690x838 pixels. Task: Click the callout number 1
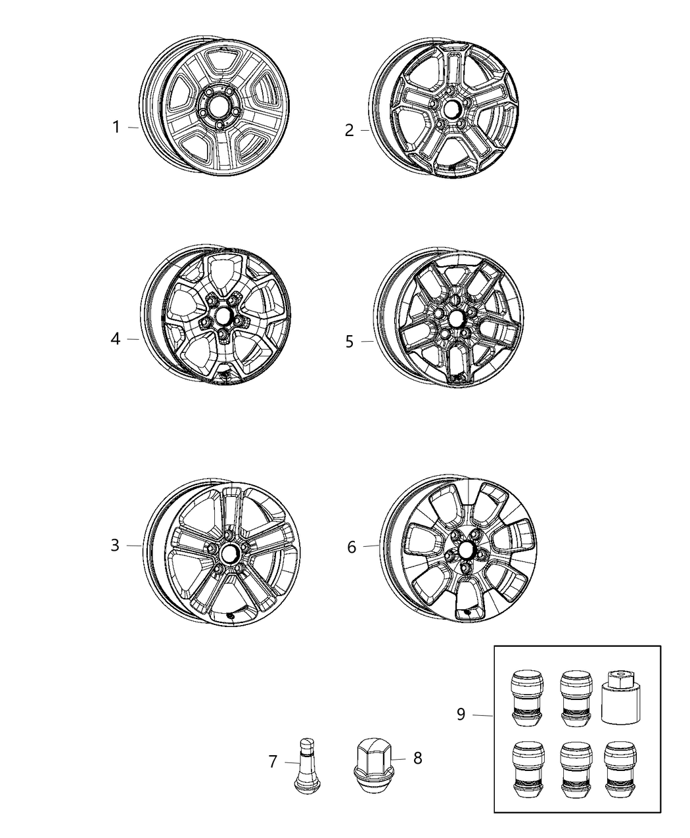pos(116,127)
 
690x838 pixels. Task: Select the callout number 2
pos(350,130)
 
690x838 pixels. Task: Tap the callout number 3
pos(115,545)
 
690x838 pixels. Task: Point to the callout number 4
pos(116,339)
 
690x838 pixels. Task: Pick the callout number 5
pos(350,341)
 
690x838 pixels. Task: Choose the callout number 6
pos(352,546)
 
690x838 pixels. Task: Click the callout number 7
pos(273,762)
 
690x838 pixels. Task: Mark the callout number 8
pos(418,758)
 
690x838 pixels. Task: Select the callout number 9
pos(461,714)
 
